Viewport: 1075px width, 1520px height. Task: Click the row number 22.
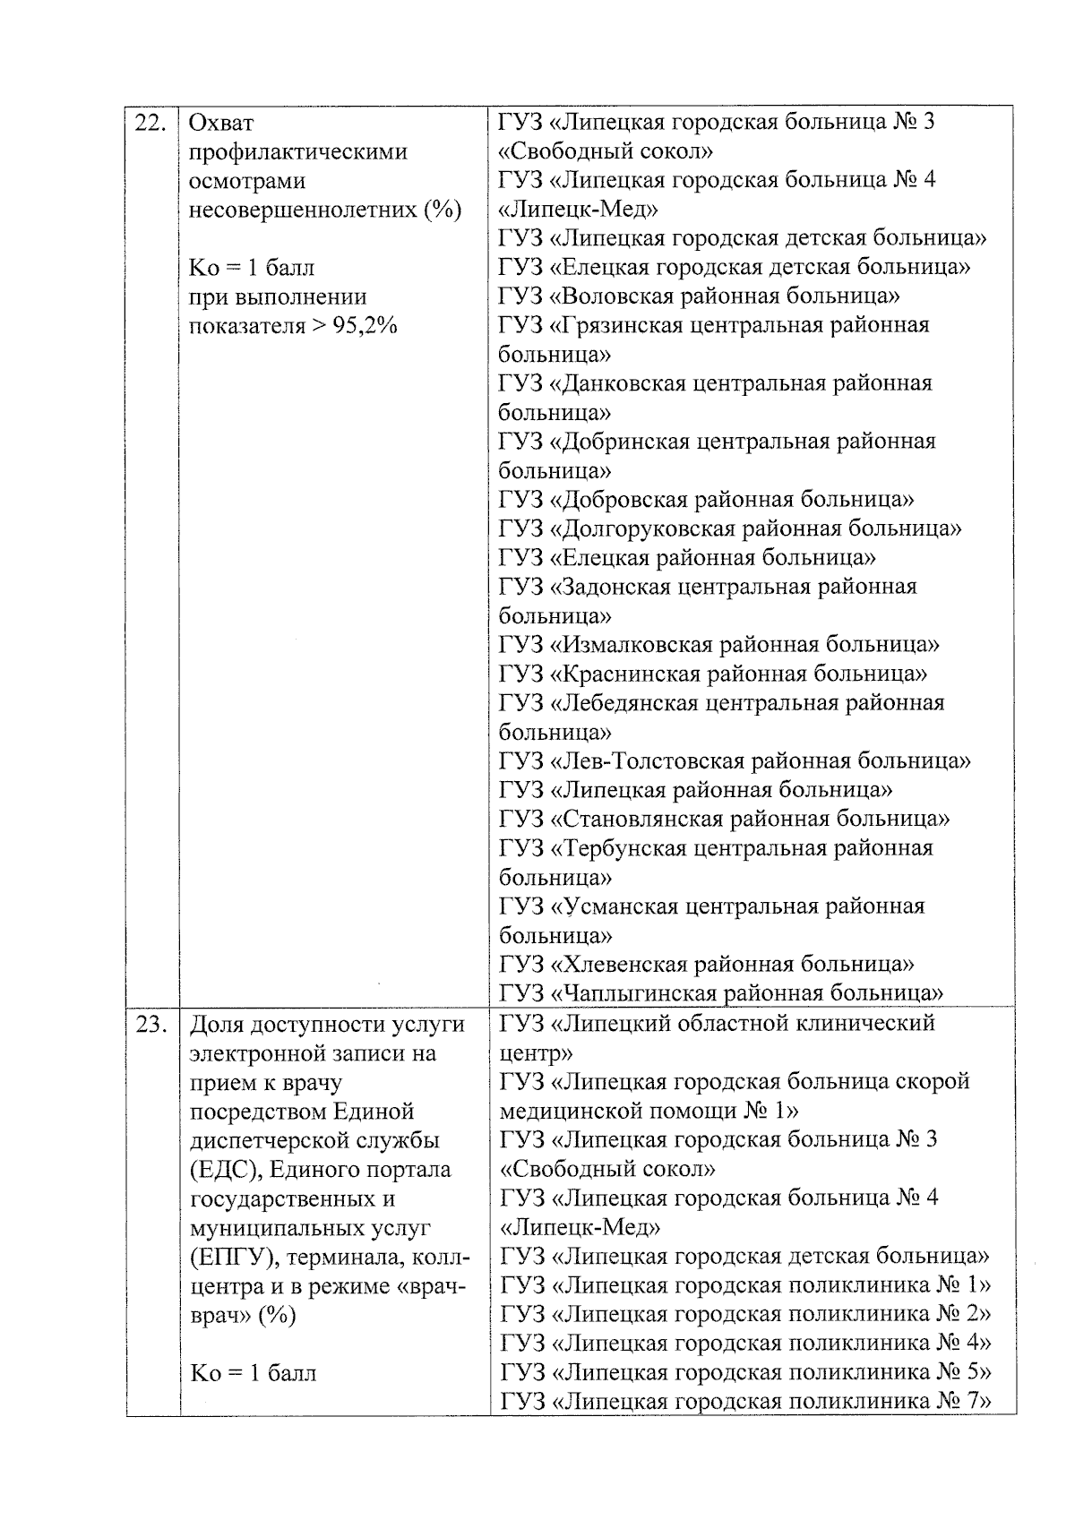150,122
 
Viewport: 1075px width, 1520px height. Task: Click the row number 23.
150,1024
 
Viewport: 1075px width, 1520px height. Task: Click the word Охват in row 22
221,123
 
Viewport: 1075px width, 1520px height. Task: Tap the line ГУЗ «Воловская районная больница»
699,296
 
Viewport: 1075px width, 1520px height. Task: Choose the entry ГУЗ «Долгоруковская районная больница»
729,528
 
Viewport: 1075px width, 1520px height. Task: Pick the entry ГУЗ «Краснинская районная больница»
712,674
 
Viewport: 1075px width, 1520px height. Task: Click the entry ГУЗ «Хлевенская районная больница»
706,965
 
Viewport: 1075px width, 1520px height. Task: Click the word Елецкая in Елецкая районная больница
599,558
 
